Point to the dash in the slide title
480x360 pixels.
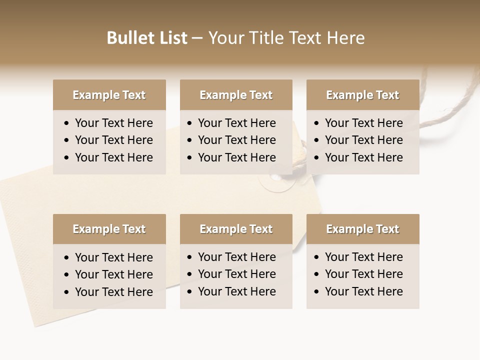click(x=197, y=38)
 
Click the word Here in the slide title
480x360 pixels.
click(x=345, y=38)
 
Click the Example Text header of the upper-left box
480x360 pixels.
click(x=109, y=95)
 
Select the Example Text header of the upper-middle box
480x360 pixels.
click(x=236, y=95)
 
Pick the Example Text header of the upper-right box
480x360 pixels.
click(x=362, y=95)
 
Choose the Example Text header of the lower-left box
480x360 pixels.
click(x=109, y=229)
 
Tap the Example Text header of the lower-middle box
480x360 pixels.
click(x=236, y=229)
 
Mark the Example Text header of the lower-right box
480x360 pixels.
click(x=362, y=229)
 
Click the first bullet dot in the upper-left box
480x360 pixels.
click(x=67, y=123)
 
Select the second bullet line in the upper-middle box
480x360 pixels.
click(x=236, y=140)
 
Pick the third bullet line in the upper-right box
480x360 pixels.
click(x=363, y=157)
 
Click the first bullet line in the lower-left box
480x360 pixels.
click(x=113, y=257)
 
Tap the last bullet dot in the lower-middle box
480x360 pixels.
click(x=190, y=291)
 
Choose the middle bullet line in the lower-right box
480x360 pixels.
click(x=363, y=274)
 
